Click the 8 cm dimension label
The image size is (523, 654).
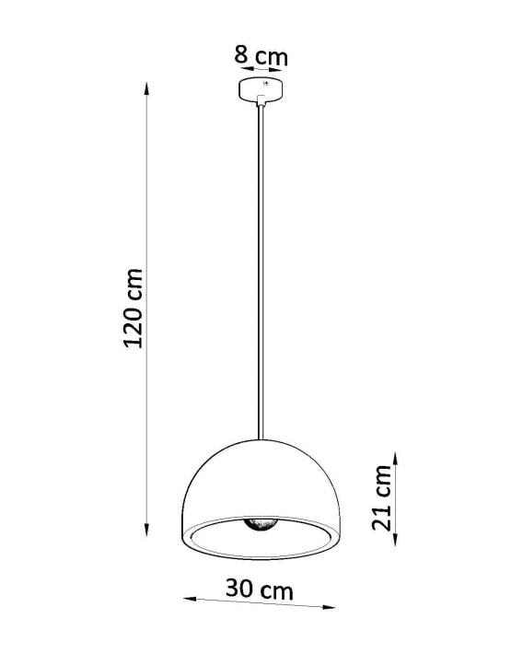261,55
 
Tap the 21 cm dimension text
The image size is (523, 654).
382,497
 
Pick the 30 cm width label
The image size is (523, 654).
261,590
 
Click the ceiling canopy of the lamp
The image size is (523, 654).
261,89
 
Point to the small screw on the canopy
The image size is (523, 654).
267,85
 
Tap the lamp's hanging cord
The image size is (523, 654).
261,276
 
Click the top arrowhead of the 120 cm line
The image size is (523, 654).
146,88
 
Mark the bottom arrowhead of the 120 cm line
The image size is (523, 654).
146,531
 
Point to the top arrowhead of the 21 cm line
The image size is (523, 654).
395,455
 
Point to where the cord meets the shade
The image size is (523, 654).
261,438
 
